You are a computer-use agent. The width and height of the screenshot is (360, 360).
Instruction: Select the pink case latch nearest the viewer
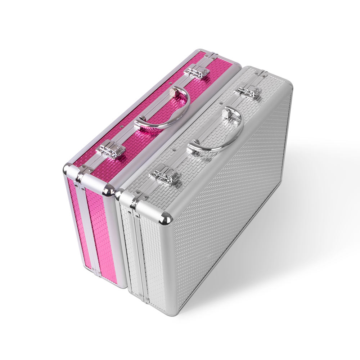tap(111, 149)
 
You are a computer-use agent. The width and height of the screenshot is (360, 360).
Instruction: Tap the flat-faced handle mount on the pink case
tap(176, 91)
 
